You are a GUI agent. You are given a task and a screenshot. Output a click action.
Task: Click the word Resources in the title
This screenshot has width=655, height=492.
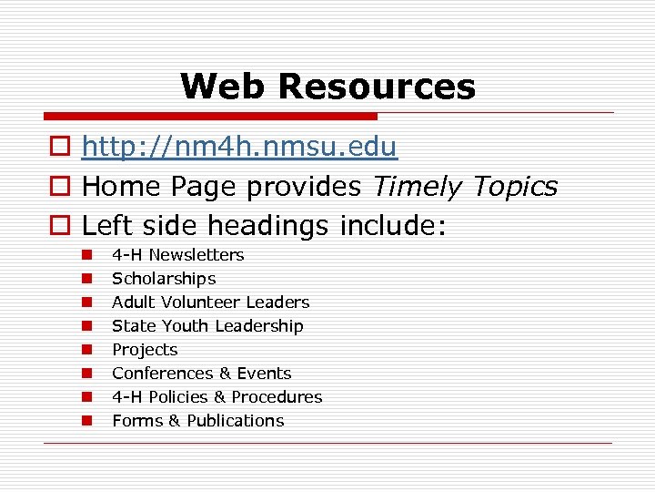point(377,87)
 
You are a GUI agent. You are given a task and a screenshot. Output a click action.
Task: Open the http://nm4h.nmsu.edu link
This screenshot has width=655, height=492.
point(239,148)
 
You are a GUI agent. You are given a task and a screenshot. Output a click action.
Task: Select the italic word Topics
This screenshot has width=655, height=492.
point(515,187)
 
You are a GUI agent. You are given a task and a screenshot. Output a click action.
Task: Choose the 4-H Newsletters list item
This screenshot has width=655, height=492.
point(177,255)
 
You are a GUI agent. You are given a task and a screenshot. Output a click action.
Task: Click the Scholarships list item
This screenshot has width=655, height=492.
point(164,279)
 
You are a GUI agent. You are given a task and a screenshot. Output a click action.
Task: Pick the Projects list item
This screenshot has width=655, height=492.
point(145,350)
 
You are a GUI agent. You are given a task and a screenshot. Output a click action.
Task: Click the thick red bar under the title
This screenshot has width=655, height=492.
point(210,117)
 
